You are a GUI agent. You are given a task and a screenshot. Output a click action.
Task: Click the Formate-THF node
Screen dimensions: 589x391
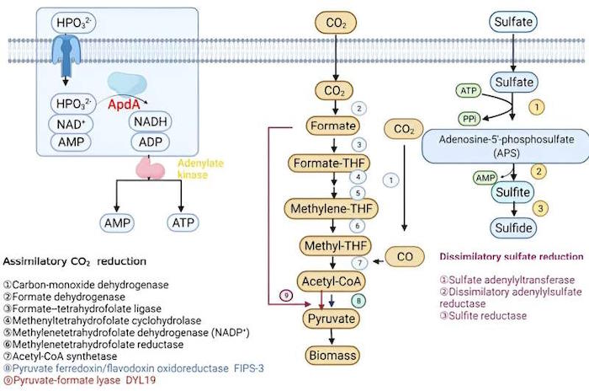tap(329, 163)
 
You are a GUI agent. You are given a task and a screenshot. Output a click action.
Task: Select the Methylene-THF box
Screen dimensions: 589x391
tap(331, 208)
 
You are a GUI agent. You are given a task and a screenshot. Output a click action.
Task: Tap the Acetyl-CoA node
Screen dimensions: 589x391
tap(331, 281)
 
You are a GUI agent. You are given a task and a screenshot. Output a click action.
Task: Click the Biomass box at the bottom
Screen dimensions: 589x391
tap(332, 355)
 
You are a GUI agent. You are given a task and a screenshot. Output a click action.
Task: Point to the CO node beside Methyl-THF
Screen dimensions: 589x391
tap(405, 257)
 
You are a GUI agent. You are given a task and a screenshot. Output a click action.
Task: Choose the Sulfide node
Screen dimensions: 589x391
tap(513, 228)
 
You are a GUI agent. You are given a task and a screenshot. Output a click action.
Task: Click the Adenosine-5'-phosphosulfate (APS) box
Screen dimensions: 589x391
tap(506, 146)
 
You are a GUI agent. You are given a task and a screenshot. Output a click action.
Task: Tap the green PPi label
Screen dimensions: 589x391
tap(470, 120)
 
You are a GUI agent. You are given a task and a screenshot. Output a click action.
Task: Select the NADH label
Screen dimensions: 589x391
tap(151, 121)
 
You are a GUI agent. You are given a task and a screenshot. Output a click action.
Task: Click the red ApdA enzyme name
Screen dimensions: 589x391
tap(124, 104)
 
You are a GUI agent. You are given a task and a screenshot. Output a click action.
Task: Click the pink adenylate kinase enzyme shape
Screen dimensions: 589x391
tap(150, 169)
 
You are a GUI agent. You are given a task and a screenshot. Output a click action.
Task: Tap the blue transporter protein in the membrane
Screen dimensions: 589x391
tap(66, 55)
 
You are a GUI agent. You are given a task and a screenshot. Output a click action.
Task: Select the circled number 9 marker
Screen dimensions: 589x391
tap(286, 296)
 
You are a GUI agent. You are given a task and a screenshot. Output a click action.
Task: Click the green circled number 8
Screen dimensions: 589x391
tap(358, 301)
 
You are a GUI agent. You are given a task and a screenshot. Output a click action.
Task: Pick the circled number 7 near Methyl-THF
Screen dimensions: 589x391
tap(359, 263)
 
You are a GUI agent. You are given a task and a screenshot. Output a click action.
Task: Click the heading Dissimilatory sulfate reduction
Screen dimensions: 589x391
tap(512, 257)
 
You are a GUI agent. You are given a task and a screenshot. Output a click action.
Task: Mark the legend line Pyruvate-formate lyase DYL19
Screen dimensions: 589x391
tap(79, 380)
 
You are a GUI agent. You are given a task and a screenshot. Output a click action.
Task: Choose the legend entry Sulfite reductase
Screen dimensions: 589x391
tap(483, 315)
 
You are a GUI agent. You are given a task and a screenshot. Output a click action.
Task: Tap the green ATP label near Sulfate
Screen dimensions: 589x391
tap(469, 91)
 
